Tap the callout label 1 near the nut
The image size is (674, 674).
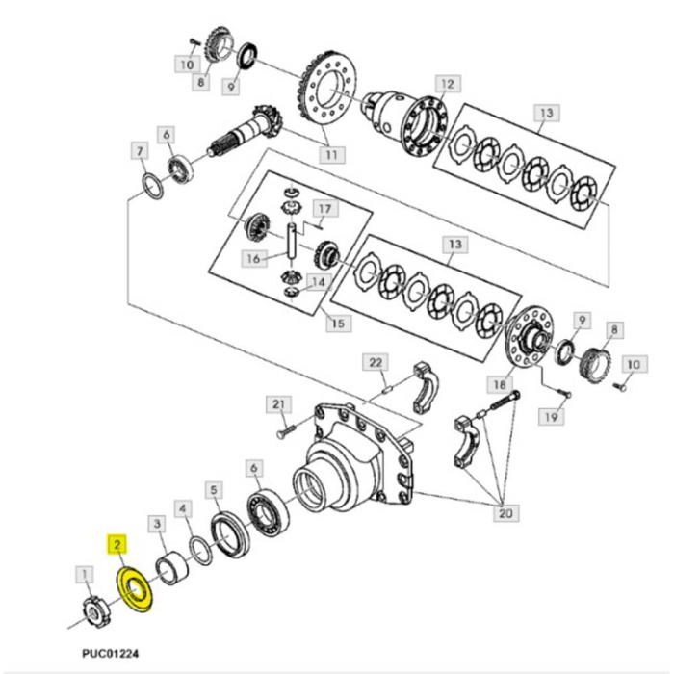[87, 576]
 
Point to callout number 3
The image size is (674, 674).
[154, 523]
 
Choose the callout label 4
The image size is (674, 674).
[183, 507]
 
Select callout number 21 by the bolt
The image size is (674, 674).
[280, 403]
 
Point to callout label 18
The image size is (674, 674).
[500, 382]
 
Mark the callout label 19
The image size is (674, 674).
[550, 417]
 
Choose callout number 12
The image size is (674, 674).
[446, 84]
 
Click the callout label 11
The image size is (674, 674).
[331, 153]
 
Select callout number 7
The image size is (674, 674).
[140, 151]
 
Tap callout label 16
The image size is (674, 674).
[253, 258]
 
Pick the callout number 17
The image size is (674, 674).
[324, 208]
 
